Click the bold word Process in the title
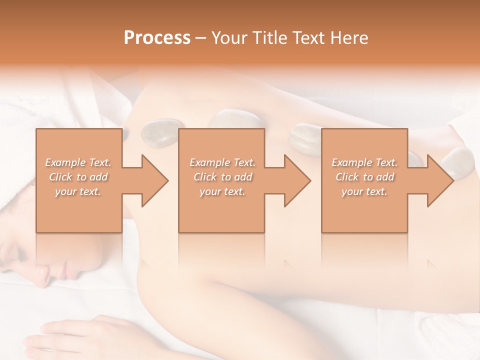click(x=157, y=38)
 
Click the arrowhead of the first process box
click(x=153, y=180)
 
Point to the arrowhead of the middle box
click(x=295, y=180)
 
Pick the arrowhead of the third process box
click(x=438, y=180)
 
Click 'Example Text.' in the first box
click(x=78, y=162)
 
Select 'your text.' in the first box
click(x=78, y=191)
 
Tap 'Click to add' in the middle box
click(x=222, y=177)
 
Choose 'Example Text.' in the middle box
click(x=222, y=162)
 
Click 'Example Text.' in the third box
click(x=364, y=162)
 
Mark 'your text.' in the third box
click(x=364, y=191)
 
